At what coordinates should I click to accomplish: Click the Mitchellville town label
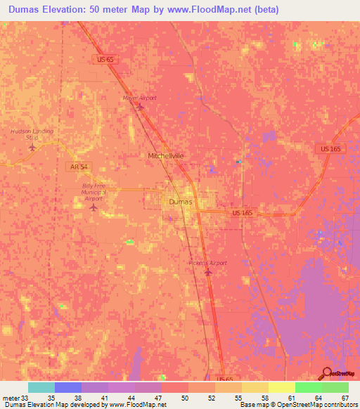[x=166, y=155]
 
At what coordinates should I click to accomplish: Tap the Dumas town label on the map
[x=179, y=202]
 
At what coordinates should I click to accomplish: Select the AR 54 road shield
[x=79, y=166]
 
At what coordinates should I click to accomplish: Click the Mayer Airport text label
[x=139, y=98]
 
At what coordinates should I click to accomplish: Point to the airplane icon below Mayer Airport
[x=139, y=107]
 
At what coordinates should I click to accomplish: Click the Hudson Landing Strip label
[x=32, y=134]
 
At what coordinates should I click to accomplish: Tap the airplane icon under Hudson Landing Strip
[x=32, y=147]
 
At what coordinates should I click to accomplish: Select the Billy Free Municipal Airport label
[x=93, y=192]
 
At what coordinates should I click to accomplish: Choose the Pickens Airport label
[x=207, y=263]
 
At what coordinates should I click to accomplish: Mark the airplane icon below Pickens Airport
[x=207, y=273]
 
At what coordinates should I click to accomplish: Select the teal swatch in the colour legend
[x=41, y=387]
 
